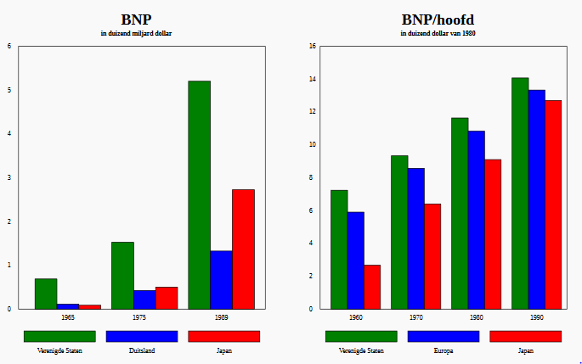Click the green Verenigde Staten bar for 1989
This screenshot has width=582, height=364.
point(199,194)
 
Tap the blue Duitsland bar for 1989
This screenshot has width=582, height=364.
point(221,279)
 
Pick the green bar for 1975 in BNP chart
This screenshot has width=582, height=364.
point(122,275)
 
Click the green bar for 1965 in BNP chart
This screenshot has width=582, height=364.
point(46,294)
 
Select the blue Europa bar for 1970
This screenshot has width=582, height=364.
point(415,238)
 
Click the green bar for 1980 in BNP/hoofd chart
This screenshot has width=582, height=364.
point(460,213)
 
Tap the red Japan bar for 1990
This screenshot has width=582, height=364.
point(553,204)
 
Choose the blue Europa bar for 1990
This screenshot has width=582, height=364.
point(536,199)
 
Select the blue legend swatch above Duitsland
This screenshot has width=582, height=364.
point(141,336)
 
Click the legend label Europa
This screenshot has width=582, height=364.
point(444,350)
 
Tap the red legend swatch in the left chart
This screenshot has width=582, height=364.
point(223,336)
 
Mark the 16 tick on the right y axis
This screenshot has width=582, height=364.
point(312,47)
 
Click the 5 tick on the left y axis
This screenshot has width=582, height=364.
point(9,90)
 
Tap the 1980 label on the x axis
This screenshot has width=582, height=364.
point(476,316)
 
